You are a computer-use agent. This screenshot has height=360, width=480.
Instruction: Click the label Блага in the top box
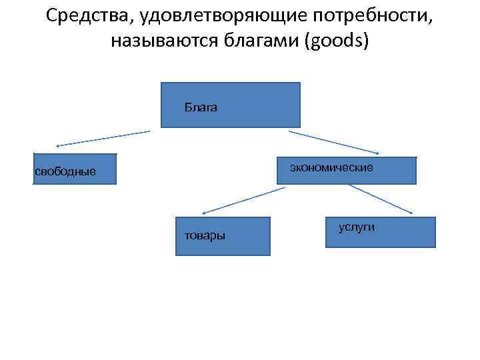coord(201,107)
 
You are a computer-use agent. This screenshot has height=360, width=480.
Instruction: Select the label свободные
coord(65,172)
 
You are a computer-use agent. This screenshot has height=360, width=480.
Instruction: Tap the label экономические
coord(331,167)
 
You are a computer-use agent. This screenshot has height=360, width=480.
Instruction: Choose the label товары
coord(205,235)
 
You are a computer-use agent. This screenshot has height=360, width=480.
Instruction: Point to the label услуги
coord(357,227)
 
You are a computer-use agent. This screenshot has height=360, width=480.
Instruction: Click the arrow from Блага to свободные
coord(103,138)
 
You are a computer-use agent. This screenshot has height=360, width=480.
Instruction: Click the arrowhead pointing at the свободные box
coord(58,145)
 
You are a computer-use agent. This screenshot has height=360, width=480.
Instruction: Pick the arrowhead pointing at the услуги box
coord(410,213)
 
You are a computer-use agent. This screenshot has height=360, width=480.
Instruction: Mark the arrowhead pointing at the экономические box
coord(377,153)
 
